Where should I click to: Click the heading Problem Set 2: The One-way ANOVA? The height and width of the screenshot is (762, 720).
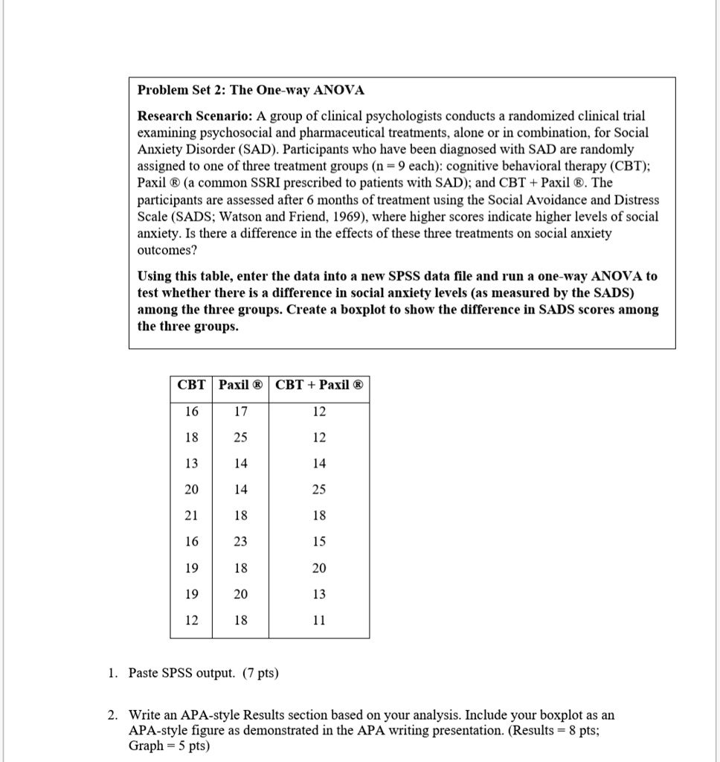coord(251,91)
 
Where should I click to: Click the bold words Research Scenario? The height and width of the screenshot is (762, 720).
coord(196,116)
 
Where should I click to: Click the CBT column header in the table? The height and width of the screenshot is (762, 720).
coord(192,385)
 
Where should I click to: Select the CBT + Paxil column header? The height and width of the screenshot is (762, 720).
coord(319,385)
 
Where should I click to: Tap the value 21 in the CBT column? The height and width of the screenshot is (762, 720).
coord(192,516)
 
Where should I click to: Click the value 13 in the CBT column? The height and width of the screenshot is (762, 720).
coord(192,464)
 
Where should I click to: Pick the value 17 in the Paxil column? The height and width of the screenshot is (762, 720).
coord(240,412)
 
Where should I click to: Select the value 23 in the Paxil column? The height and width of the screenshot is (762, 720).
coord(240,542)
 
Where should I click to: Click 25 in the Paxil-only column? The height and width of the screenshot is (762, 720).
coord(240,438)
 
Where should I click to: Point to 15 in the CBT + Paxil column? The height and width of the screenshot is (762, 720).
coord(319,542)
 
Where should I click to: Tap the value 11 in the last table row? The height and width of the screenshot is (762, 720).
coord(319,620)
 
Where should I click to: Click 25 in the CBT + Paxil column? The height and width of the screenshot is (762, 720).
coord(319,490)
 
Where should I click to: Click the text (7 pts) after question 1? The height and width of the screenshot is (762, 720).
coord(258,673)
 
